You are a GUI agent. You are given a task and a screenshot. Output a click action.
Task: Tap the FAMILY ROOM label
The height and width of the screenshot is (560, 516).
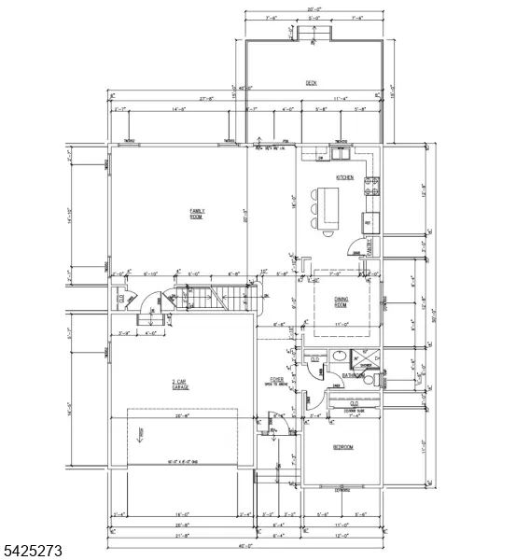pyautogui.click(x=197, y=213)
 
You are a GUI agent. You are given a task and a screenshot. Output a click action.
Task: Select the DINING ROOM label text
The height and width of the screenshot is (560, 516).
pyautogui.click(x=342, y=301)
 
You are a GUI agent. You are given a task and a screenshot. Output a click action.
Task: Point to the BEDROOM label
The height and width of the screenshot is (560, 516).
pyautogui.click(x=342, y=447)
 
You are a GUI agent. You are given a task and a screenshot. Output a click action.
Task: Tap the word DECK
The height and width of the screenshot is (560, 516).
pyautogui.click(x=311, y=83)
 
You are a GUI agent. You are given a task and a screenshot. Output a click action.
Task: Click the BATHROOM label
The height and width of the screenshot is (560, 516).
pyautogui.click(x=353, y=375)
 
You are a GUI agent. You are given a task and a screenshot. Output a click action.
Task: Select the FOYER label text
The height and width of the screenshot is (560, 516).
pyautogui.click(x=276, y=379)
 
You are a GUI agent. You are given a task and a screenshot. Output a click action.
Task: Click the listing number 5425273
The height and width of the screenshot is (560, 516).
pyautogui.click(x=33, y=552)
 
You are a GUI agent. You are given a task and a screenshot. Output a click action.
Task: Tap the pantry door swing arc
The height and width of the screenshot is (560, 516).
pyautogui.click(x=354, y=247)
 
